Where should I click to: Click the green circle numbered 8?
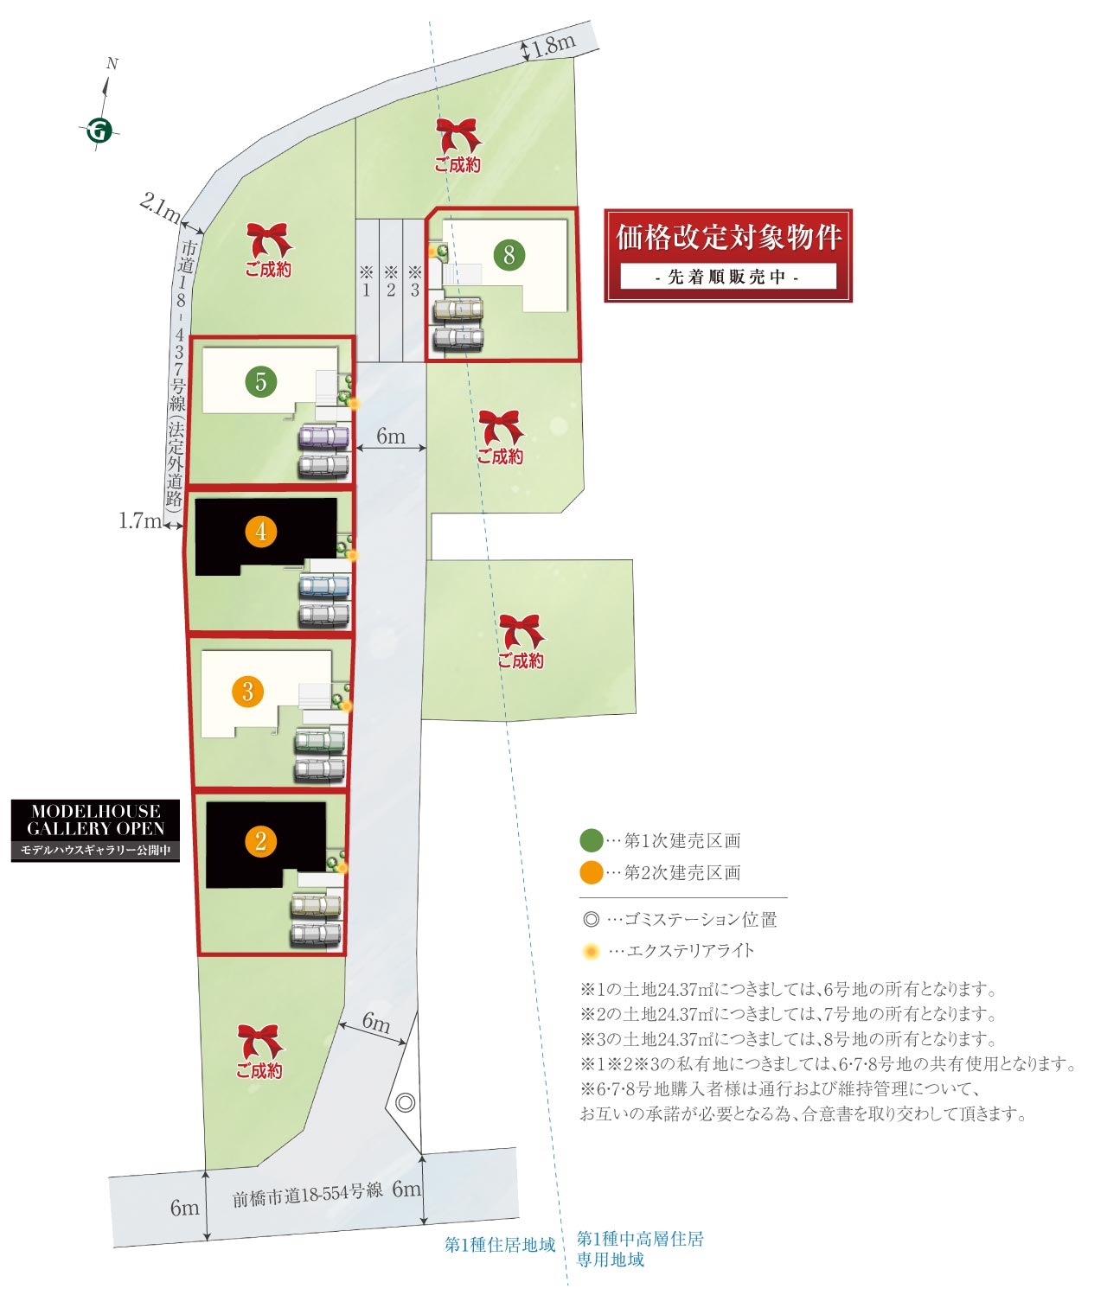coord(509,255)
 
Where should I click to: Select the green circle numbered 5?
coord(260,381)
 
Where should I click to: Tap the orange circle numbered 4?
coord(261,532)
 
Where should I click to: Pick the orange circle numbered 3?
coord(247,692)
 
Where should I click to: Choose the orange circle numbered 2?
coord(261,841)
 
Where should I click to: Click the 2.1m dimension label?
coord(159,207)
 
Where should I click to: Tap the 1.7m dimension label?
coord(140,520)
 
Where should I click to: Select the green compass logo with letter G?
coord(99,131)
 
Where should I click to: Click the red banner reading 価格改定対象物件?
coord(727,256)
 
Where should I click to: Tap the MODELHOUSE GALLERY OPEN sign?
coord(95,831)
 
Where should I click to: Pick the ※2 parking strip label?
coord(391,281)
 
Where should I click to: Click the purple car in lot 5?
coord(323,437)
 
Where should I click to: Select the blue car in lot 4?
coord(323,586)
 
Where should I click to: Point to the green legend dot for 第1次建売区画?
coord(591,840)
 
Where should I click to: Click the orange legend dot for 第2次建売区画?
coord(591,873)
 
